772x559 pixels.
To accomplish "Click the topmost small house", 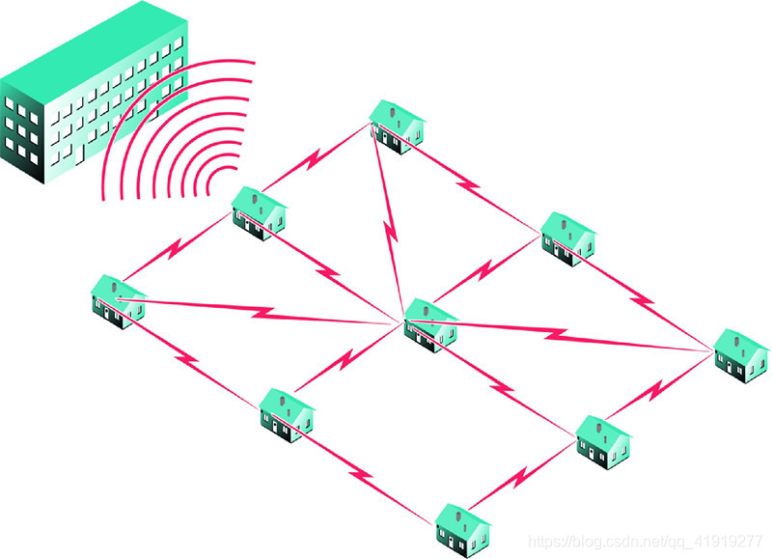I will (397, 125).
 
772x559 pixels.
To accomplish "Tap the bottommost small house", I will (463, 528).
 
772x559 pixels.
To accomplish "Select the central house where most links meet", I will (430, 322).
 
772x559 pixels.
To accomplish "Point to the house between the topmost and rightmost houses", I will (567, 237).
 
